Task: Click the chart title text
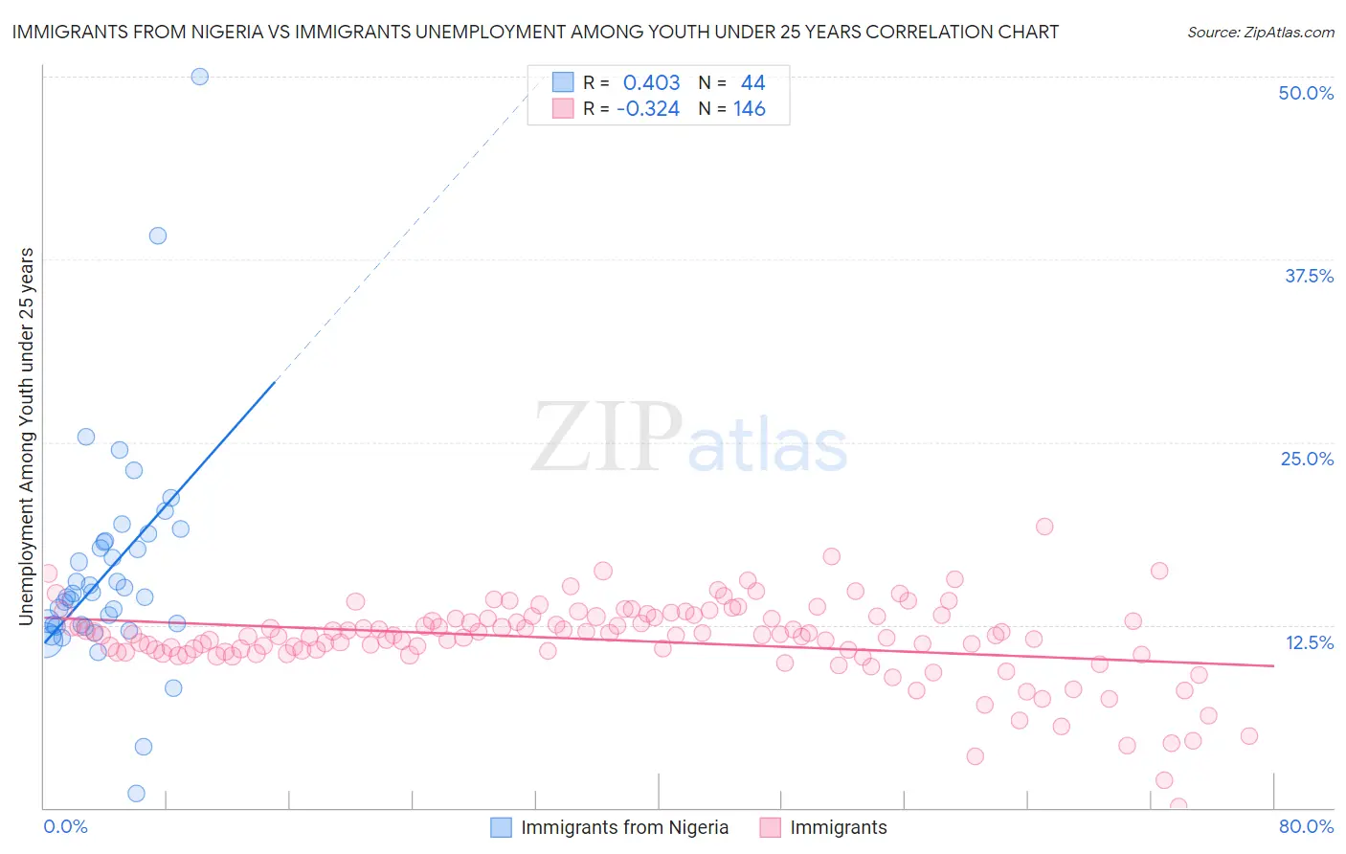(x=535, y=32)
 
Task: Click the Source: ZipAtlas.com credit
(x=1260, y=32)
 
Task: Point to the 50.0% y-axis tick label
(x=1306, y=93)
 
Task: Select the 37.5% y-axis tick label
(x=1308, y=276)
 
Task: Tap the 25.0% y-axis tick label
(x=1307, y=459)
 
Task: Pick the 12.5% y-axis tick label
(x=1309, y=642)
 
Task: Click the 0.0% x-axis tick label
(x=65, y=826)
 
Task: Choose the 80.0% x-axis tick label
(x=1306, y=826)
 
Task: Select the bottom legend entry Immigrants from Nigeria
(x=624, y=827)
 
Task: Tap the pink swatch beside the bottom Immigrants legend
(x=771, y=827)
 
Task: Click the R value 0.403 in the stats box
(x=651, y=83)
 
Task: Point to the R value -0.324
(x=648, y=109)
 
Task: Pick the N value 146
(x=750, y=109)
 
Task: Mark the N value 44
(x=752, y=83)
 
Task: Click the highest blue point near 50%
(x=199, y=77)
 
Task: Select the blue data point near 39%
(x=158, y=236)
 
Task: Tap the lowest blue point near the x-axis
(x=136, y=793)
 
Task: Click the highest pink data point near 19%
(x=1044, y=527)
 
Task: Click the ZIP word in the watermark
(x=606, y=438)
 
